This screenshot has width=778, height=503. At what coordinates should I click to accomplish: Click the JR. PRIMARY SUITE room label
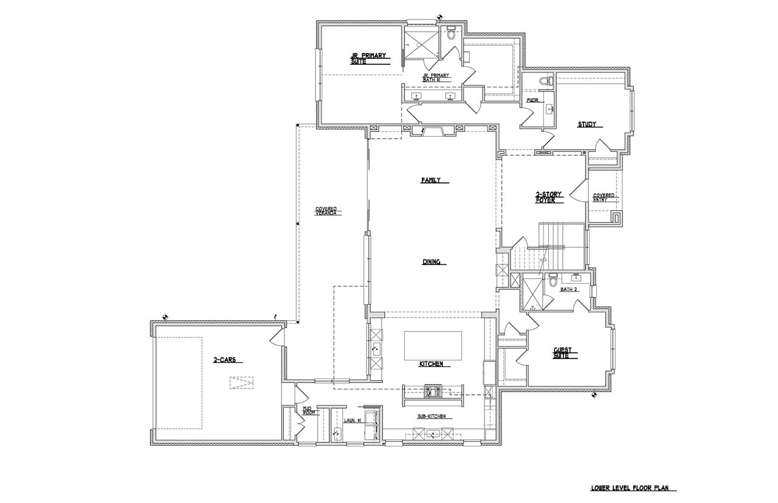[x=368, y=59]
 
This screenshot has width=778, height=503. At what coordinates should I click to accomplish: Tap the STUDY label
[x=587, y=125]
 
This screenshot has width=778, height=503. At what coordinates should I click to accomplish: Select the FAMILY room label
[x=431, y=180]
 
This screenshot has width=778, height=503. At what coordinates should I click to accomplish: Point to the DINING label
[x=431, y=262]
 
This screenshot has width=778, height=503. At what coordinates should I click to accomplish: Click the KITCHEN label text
[x=431, y=364]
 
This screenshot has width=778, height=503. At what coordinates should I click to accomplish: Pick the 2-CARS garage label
[x=224, y=360]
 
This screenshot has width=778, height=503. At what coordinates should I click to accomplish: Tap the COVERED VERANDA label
[x=326, y=211]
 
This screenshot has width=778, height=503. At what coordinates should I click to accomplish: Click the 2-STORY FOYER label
[x=548, y=197]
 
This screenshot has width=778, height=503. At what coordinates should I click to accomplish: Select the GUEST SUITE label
[x=562, y=353]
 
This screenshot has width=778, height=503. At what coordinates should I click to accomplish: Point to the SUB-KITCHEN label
[x=432, y=416]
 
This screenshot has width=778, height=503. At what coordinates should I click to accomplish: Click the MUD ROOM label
[x=308, y=410]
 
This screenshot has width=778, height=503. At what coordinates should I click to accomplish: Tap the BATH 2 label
[x=569, y=289]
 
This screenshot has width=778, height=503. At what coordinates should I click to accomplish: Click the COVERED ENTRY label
[x=604, y=197]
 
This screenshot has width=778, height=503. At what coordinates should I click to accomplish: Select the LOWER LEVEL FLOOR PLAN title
[x=628, y=488]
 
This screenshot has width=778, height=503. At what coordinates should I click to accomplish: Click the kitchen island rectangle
[x=433, y=346]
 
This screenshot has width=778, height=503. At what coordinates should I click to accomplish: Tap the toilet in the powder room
[x=546, y=81]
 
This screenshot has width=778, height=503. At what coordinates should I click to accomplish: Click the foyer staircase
[x=548, y=247]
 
